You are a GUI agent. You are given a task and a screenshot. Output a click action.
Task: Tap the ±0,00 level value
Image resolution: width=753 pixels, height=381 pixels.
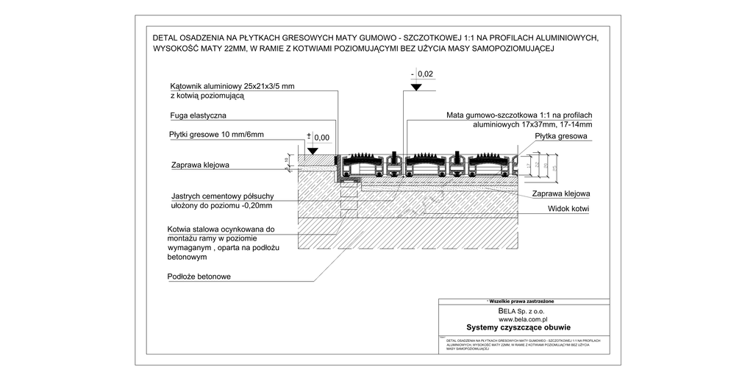coord(321,138)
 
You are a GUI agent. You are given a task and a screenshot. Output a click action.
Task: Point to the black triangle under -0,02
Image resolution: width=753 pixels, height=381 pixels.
coord(416,87)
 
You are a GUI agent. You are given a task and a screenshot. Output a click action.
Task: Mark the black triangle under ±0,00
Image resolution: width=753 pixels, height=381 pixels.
coord(313,150)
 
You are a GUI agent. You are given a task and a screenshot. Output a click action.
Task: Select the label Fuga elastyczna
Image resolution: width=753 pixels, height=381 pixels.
coord(198,115)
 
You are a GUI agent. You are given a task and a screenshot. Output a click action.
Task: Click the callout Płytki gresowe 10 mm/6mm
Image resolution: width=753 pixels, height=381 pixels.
coord(215,135)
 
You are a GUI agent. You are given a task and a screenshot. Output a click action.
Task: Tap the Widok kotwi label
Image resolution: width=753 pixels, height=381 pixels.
coord(570,209)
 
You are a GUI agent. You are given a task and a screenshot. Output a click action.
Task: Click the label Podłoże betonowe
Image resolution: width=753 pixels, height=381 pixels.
coord(199,277)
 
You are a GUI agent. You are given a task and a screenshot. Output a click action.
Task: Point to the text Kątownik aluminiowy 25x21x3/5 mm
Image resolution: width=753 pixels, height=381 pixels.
coord(232,86)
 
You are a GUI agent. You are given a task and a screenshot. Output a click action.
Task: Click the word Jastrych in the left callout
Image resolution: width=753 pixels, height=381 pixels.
coord(188,196)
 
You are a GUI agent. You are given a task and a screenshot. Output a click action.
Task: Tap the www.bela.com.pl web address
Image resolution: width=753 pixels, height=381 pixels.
coord(524,320)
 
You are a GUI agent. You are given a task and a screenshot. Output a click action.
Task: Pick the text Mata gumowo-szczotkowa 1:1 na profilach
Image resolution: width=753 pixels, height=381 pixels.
coord(518,115)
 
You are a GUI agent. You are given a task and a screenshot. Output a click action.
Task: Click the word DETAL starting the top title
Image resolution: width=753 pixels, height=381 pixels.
coord(166,38)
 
